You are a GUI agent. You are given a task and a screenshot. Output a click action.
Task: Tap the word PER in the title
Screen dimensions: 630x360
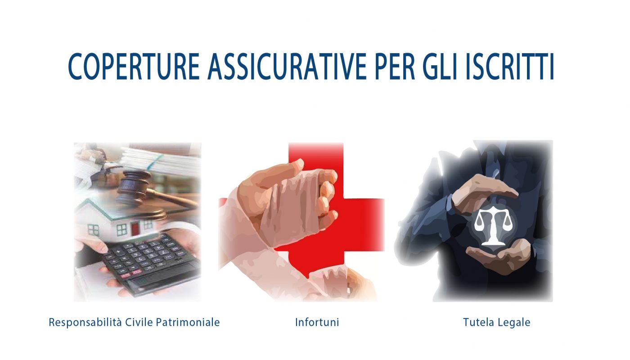395,67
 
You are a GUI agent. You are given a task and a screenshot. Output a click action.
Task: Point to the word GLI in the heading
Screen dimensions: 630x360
440,67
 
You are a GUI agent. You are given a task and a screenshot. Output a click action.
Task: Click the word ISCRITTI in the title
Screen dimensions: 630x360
509,67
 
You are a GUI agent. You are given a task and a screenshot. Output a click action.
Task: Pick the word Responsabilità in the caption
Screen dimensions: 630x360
85,322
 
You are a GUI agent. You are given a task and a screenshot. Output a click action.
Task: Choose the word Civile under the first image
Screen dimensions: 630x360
139,322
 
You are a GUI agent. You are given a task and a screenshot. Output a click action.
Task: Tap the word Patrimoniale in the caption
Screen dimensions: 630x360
188,322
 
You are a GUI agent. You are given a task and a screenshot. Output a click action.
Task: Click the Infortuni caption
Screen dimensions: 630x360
317,322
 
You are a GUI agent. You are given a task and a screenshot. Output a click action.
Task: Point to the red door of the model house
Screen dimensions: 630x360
135,229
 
